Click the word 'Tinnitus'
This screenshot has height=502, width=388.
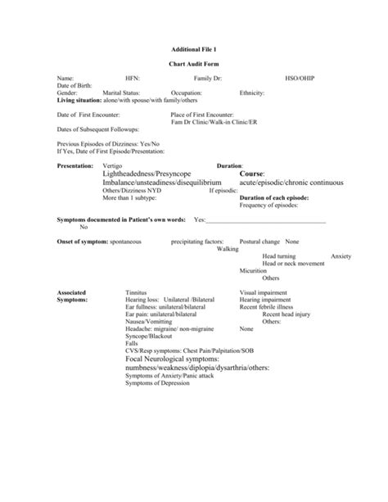(x=137, y=292)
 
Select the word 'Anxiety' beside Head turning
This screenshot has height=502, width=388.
(x=341, y=256)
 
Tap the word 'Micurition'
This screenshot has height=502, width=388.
(x=253, y=270)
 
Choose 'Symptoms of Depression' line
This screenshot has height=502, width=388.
(x=157, y=383)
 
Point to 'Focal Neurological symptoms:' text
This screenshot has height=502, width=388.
(x=177, y=359)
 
